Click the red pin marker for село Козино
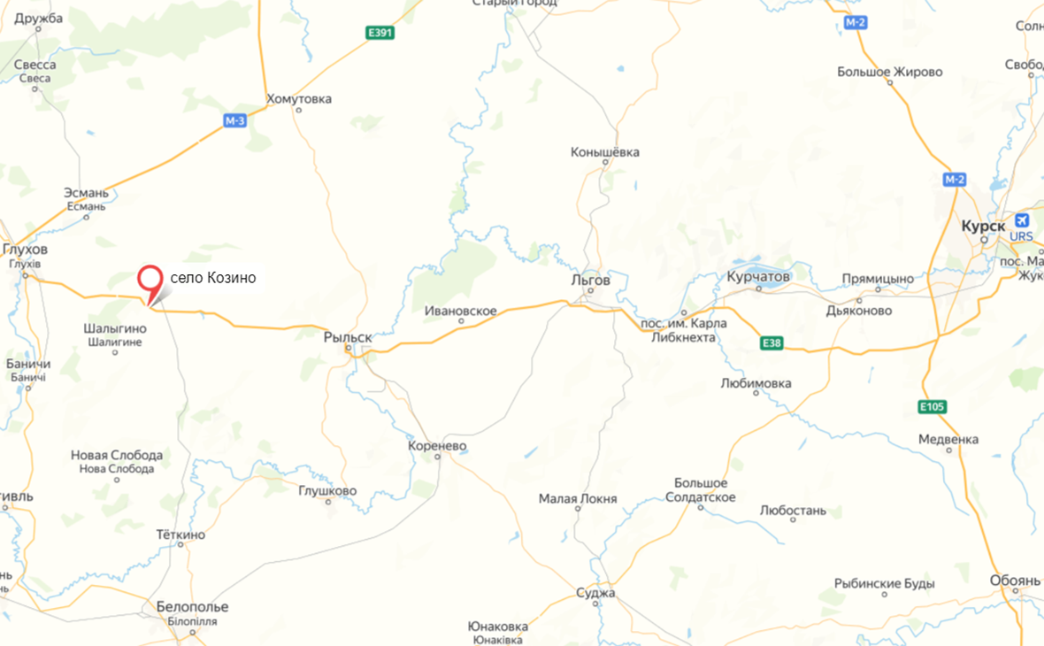pos(150,281)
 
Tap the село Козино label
pos(212,278)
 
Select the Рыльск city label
pos(348,337)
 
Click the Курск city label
pos(983,227)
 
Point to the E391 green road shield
pos(380,33)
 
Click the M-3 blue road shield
pos(234,121)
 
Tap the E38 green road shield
pos(771,343)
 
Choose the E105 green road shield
pos(933,406)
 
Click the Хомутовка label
pos(299,99)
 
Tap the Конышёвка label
pos(605,152)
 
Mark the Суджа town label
pos(595,593)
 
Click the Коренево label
pos(437,446)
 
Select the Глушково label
pos(327,490)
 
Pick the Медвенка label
pos(948,439)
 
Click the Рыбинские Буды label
pos(884,584)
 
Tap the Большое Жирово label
pos(890,72)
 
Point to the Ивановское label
pos(460,311)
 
